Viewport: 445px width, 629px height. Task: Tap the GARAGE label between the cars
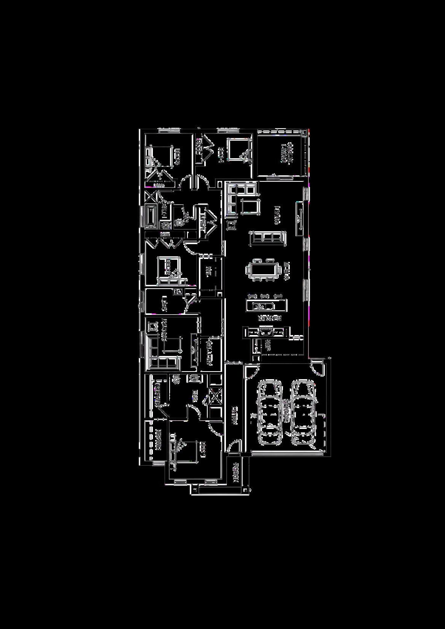(286, 411)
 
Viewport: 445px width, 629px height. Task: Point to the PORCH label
(235, 472)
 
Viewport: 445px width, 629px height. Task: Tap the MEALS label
(286, 270)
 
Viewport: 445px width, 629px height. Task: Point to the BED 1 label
(203, 450)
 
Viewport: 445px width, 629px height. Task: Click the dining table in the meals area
(264, 270)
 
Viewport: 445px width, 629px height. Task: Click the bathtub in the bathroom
(151, 217)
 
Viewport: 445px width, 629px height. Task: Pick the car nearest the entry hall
(269, 413)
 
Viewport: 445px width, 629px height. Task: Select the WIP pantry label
(267, 345)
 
